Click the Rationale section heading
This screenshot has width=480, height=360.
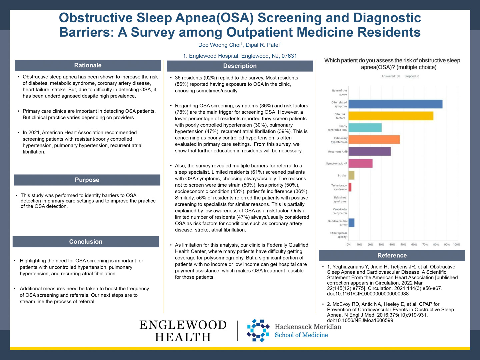pos(88,65)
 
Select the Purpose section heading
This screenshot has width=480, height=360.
pos(87,180)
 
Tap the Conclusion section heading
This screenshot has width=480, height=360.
pos(86,242)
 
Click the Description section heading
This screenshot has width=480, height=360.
pos(240,66)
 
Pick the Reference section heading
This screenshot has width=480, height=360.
pos(392,256)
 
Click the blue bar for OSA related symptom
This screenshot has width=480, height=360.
pos(395,104)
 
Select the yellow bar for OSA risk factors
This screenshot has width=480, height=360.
pos(391,116)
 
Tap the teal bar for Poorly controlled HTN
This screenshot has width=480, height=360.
pos(365,128)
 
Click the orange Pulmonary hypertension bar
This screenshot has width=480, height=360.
pos(374,140)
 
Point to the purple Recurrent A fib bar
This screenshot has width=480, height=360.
pos(369,151)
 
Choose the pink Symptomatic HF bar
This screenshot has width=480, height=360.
pos(360,163)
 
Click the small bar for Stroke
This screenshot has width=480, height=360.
pos(351,175)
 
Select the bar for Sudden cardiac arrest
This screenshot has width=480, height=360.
pos(351,223)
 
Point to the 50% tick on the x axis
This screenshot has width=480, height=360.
pos(403,245)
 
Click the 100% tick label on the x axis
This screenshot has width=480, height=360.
pos(457,245)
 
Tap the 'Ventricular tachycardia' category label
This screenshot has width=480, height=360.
pos(340,211)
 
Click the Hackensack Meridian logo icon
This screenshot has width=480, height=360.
pos(258,330)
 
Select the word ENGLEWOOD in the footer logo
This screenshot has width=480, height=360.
pos(183,325)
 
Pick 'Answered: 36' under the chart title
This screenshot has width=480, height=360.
pos(391,76)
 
